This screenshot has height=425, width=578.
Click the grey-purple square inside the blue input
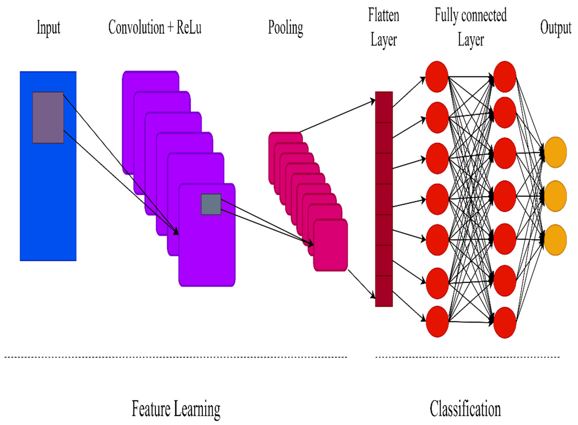(x=48, y=118)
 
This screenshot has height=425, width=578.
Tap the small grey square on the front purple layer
(x=211, y=204)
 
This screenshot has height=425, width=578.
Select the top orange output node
(x=555, y=152)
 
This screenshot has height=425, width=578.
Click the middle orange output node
(x=555, y=196)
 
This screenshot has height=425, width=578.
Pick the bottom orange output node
(x=555, y=240)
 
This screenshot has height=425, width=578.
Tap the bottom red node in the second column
(x=505, y=322)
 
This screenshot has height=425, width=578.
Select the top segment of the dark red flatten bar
(x=384, y=107)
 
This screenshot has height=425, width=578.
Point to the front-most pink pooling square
(x=331, y=245)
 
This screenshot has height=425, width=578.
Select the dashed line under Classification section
(x=467, y=357)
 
